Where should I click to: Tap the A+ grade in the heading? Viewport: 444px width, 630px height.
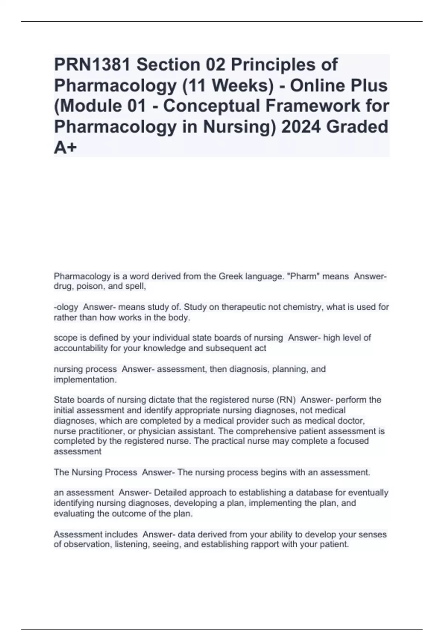pos(65,148)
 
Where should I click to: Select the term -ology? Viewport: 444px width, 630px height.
pos(66,307)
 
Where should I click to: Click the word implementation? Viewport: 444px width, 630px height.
pos(85,380)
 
